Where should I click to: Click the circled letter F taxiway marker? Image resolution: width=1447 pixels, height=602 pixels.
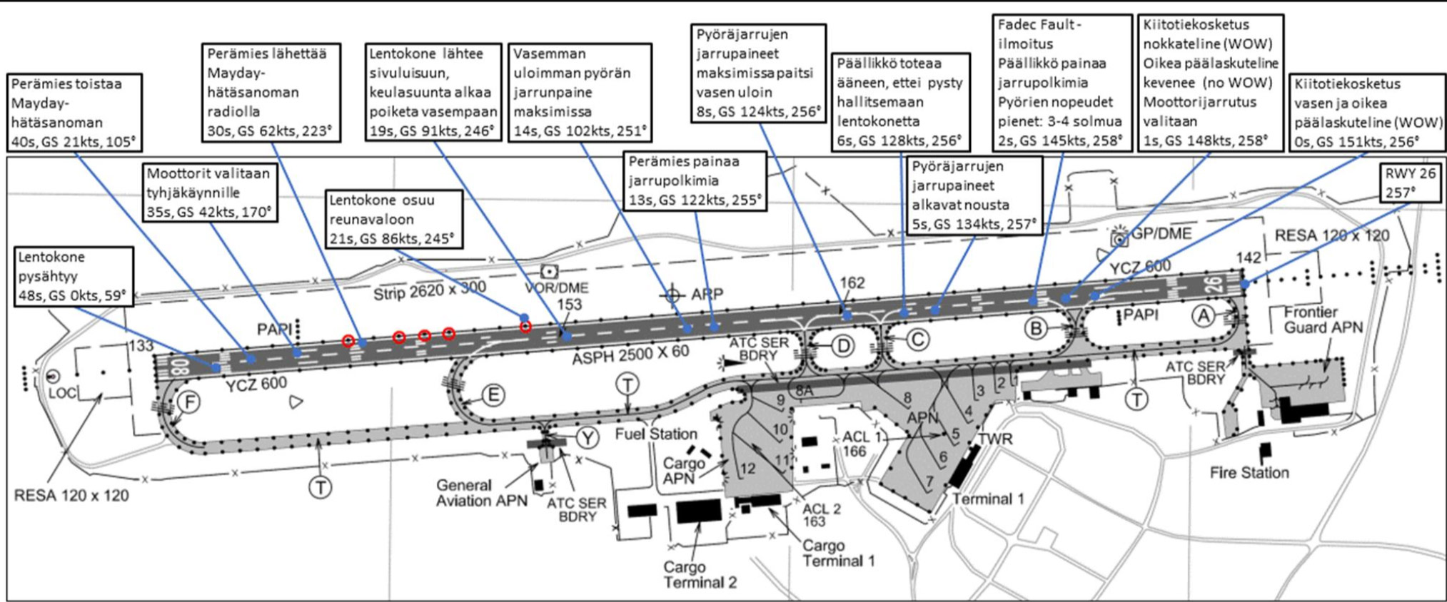pos(189,402)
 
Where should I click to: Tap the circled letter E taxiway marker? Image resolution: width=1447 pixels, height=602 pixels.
pos(492,395)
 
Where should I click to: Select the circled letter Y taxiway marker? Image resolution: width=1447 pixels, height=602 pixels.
pos(588,437)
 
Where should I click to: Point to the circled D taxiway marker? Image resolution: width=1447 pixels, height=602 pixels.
pos(843,347)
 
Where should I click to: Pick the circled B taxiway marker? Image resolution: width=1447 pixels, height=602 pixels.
pos(1036,328)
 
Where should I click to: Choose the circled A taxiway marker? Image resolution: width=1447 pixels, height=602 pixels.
pos(1204,315)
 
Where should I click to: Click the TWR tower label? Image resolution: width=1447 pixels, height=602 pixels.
pos(995,439)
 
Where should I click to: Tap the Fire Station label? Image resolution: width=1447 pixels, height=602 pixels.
pos(1249,472)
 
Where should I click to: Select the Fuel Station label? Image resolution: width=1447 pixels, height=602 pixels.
pos(656,434)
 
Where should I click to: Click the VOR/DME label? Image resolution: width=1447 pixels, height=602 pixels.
pos(557,288)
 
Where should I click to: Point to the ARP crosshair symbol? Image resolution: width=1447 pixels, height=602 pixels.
pos(672,294)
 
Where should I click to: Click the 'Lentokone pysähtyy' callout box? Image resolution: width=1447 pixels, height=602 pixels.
pos(74,277)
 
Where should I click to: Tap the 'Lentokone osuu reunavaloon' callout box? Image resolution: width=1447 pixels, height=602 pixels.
pos(394,219)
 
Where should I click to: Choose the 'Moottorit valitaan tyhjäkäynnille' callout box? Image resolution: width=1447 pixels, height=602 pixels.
pos(211,193)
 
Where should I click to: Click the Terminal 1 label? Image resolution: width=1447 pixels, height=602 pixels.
pos(988,499)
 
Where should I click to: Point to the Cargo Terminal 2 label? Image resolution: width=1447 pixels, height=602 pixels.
pos(700,575)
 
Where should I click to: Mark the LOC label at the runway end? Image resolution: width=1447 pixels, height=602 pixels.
pos(62,392)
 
